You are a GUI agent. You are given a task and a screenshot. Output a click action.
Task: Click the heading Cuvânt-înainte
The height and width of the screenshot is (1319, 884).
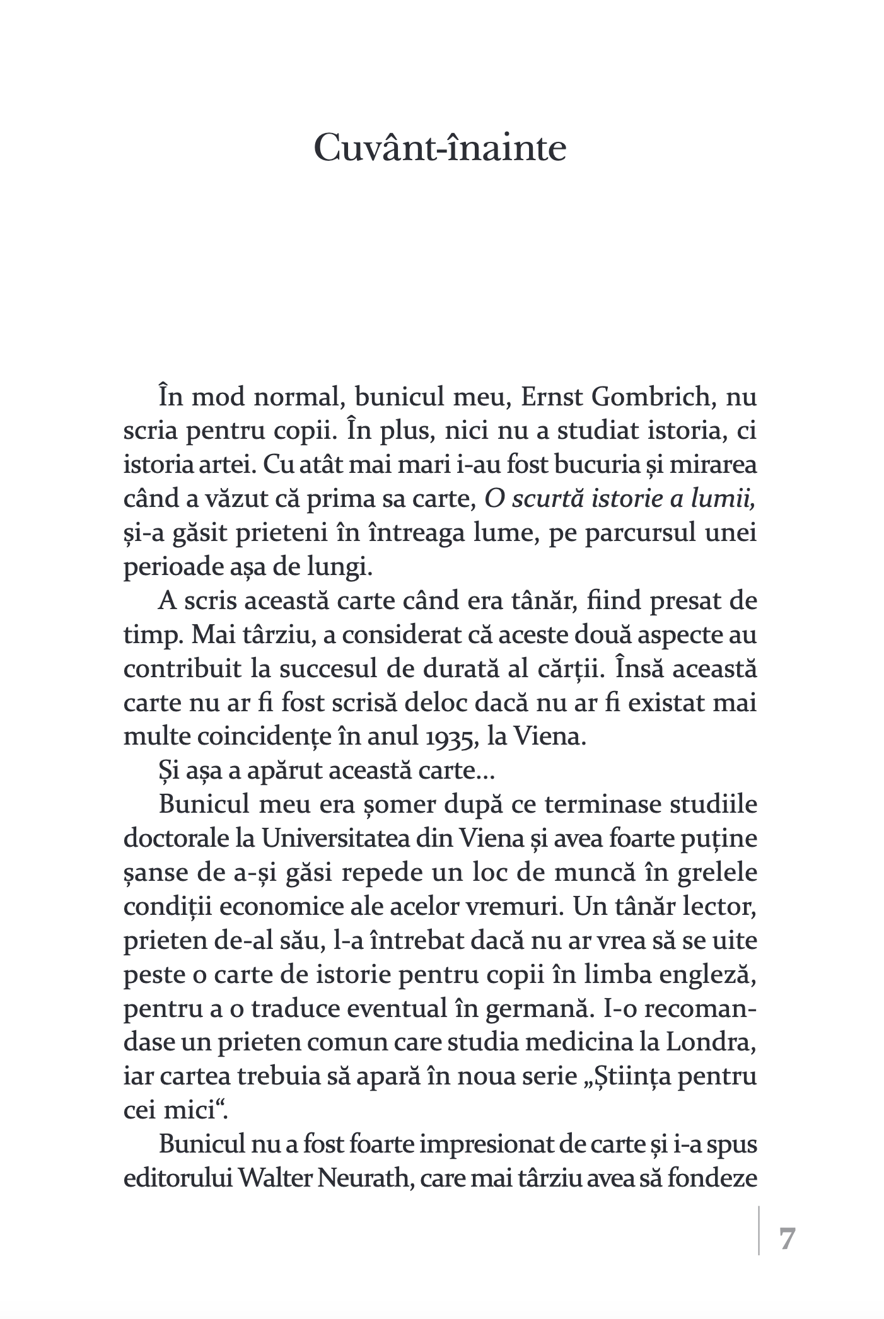coord(440,149)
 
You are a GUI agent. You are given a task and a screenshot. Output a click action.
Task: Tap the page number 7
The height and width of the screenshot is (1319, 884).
coord(788,1239)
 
